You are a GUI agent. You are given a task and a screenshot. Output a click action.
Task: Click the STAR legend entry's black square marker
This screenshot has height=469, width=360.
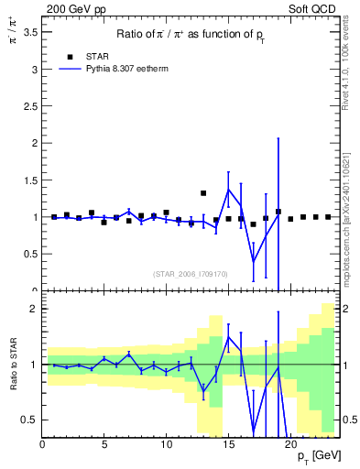[70, 56]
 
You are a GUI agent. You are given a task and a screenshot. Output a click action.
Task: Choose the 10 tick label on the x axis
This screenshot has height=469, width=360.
[166, 445]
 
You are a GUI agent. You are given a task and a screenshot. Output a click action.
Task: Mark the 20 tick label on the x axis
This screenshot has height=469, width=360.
[290, 445]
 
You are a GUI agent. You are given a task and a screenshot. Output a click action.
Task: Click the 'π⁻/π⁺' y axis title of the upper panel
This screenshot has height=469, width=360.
[12, 37]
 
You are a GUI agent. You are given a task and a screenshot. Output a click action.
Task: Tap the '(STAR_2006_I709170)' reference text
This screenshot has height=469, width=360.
[191, 275]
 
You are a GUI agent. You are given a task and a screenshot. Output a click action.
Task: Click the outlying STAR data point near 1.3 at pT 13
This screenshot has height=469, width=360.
[203, 193]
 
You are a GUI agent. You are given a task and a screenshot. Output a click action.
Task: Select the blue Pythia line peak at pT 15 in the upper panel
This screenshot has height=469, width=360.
[228, 190]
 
